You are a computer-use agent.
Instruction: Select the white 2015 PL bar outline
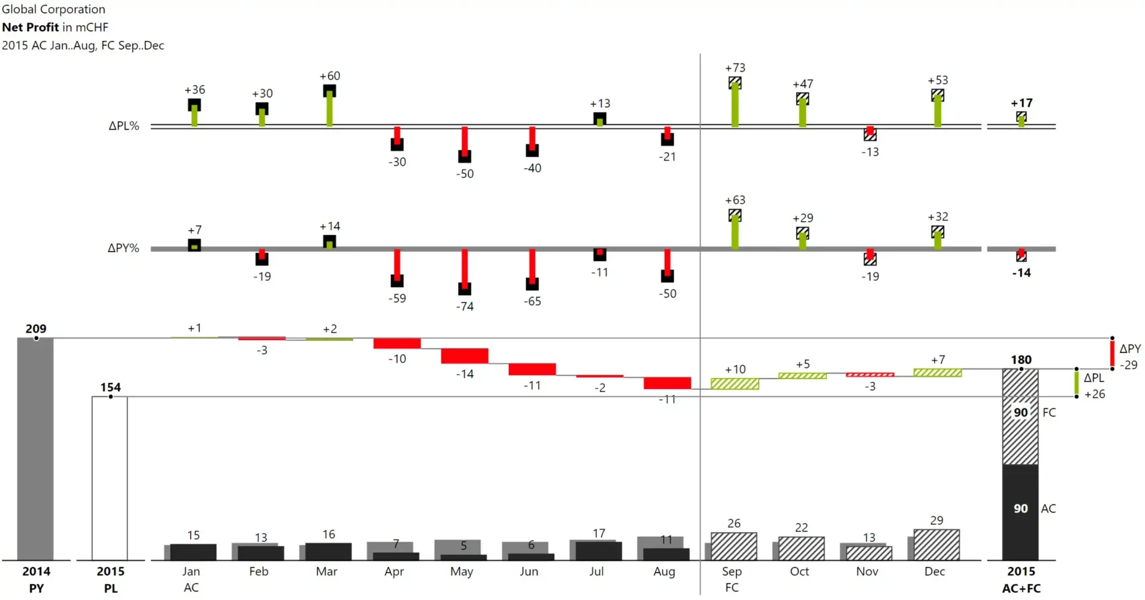pos(110,478)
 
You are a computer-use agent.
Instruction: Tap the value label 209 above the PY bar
pos(36,329)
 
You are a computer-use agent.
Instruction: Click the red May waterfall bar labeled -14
pos(465,356)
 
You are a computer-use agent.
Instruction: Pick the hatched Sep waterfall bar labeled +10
pos(735,384)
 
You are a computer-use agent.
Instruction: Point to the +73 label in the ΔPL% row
pos(735,68)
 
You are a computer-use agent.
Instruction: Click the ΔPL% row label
pos(124,126)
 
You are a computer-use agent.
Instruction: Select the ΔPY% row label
pos(123,248)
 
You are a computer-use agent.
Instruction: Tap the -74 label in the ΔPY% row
pos(465,306)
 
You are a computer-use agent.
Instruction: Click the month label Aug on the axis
pos(664,571)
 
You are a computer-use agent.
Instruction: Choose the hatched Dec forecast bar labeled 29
pos(936,545)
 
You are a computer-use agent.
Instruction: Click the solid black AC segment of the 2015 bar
pos(1020,512)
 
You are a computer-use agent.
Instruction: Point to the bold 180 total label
pos(1021,360)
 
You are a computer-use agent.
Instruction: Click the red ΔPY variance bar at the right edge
pos(1112,353)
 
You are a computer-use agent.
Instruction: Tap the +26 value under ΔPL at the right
pos(1095,394)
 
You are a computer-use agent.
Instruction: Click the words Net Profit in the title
pos(30,27)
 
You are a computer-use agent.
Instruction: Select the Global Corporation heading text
pos(54,9)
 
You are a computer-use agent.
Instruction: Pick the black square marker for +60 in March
pos(329,91)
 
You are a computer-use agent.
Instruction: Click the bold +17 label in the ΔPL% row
pos(1021,103)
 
